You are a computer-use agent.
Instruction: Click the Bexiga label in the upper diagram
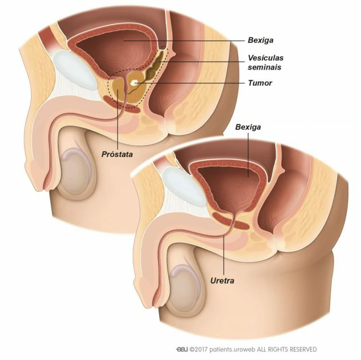(x=260, y=40)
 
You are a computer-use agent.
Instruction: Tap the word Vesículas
(x=266, y=57)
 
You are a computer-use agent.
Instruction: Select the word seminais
(x=264, y=67)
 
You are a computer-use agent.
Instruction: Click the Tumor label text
(x=259, y=83)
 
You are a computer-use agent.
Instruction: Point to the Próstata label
(x=117, y=154)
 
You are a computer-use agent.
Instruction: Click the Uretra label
(x=222, y=281)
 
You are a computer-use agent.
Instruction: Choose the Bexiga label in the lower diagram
(x=248, y=127)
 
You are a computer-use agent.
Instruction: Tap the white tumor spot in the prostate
(x=134, y=83)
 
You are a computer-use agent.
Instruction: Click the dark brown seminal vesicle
(x=155, y=66)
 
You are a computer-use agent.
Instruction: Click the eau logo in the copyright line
(x=182, y=349)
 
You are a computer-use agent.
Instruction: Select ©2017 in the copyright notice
(x=199, y=349)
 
